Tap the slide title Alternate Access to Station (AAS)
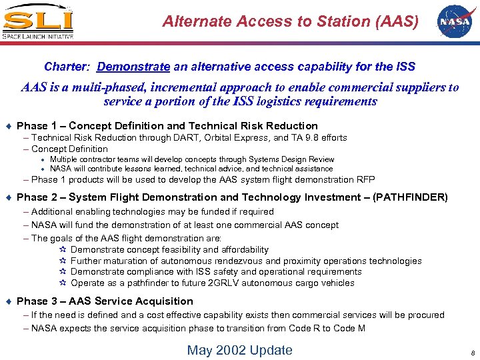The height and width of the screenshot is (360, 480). pos(291,21)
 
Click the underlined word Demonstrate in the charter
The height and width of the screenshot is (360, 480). pos(133,67)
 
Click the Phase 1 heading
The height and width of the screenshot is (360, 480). pos(167,125)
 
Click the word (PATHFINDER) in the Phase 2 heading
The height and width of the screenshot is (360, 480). pos(410,197)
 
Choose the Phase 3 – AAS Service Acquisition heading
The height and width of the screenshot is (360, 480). pos(105,301)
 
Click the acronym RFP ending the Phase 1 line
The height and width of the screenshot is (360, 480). pos(365,179)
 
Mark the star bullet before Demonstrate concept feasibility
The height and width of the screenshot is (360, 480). pos(63,250)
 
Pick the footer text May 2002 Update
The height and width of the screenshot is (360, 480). pos(239,350)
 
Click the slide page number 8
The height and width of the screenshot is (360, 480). pos(470,352)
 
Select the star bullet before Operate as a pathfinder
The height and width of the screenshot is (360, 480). pos(63,283)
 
